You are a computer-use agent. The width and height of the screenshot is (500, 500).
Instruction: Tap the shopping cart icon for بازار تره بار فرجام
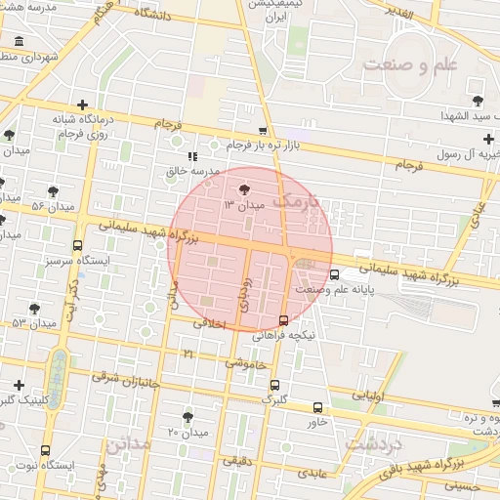pos(263,131)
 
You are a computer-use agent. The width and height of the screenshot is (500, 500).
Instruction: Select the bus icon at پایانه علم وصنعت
pos(335,274)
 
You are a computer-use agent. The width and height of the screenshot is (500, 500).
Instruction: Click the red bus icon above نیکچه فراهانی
pos(283,320)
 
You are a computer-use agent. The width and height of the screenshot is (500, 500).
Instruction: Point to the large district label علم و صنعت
pos(410,65)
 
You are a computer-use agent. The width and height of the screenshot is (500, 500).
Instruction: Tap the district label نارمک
pos(298,203)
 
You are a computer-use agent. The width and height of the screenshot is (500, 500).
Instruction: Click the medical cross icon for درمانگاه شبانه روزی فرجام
pos(82,104)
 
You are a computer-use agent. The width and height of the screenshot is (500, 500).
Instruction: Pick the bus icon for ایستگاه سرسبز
pos(77,245)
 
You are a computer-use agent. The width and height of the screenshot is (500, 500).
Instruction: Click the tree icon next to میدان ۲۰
pos(187,417)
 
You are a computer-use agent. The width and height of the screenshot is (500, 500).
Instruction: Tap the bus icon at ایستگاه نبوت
pos(46,450)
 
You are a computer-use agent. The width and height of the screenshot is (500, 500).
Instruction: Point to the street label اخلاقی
pos(210,323)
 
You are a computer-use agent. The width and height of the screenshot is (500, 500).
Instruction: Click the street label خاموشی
pos(245,362)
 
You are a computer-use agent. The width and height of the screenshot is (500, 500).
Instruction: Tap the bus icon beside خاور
pos(317,407)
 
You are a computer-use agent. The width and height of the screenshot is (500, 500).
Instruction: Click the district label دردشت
pos(373,444)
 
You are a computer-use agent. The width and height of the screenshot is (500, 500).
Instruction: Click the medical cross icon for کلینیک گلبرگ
pos(19,385)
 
